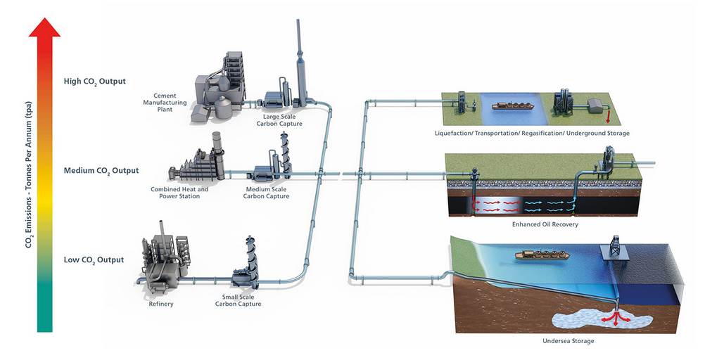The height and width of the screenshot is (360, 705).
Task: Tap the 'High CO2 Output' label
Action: coord(94,82)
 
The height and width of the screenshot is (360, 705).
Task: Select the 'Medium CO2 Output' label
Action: coord(101,170)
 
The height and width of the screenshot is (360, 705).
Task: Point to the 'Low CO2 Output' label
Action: coord(94,260)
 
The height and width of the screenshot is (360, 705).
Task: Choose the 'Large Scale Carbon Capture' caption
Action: coord(279,120)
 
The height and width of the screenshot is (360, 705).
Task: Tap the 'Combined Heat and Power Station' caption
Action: coord(179,193)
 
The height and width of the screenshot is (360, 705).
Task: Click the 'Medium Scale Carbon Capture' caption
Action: coord(266,193)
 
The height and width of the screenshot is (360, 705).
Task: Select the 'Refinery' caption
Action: coord(161,304)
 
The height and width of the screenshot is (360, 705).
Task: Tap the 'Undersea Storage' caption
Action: coord(569,341)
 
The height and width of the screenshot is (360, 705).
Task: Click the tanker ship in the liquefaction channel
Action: coord(512,107)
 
